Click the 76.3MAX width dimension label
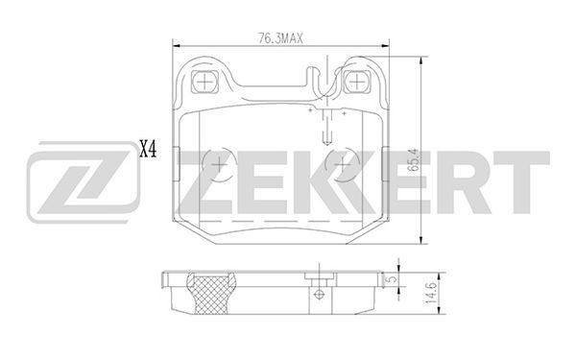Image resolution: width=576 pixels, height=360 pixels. point(280,37)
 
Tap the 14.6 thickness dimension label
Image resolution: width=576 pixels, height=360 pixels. point(430,293)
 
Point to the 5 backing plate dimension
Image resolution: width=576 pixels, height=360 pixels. point(393,278)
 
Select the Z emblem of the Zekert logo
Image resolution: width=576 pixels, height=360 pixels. point(83,181)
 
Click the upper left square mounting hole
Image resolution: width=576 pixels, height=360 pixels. point(204,82)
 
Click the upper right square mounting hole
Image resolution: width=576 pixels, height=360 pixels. point(356,82)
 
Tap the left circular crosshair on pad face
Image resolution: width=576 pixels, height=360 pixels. point(219,164)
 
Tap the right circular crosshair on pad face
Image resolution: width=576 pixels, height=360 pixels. point(344,164)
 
